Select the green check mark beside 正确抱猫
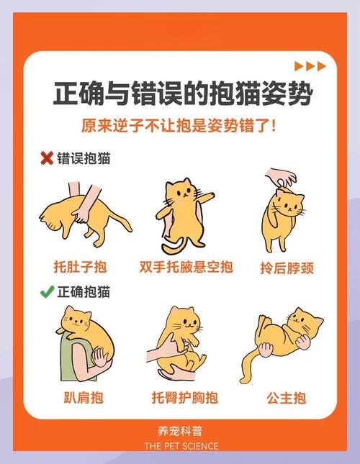pos(47,292)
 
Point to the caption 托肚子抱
pos(79,268)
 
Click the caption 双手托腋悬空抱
pos(186,268)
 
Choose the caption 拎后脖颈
pos(286,268)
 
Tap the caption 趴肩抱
pos(79,397)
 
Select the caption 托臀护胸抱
pos(184,397)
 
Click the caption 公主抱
pos(286,397)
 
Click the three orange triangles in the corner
pos(311,66)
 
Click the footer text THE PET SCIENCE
pos(181,446)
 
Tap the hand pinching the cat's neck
pos(280,177)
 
